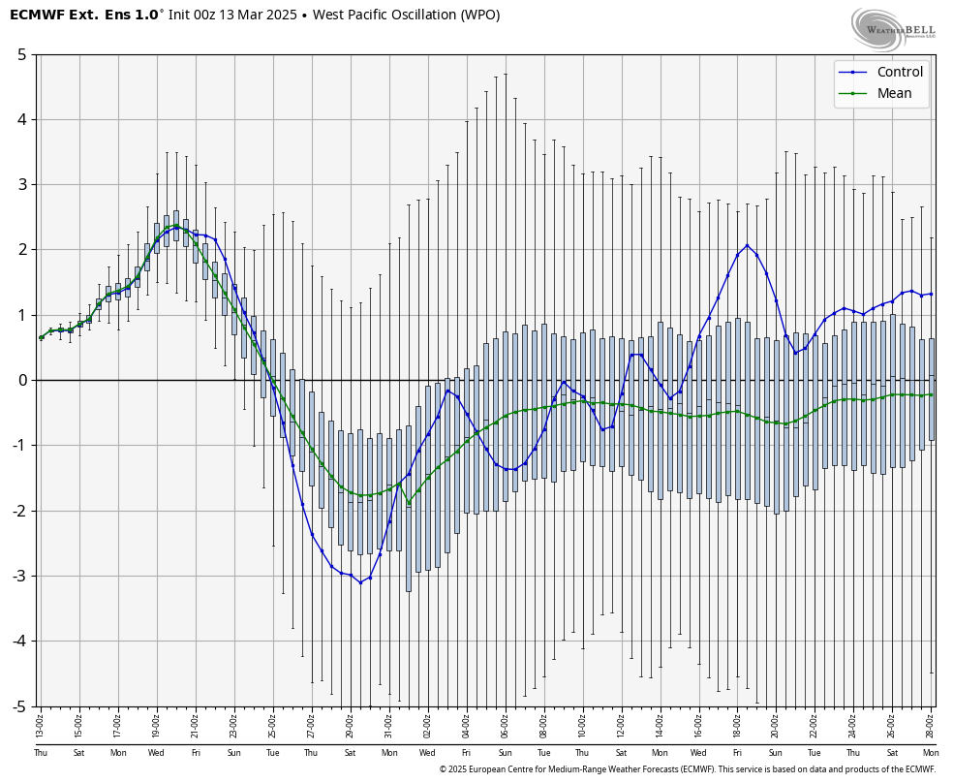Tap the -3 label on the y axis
click(18, 576)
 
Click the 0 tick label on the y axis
click(21, 380)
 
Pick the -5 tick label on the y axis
click(18, 706)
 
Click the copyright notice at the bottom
click(687, 769)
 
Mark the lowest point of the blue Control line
click(360, 582)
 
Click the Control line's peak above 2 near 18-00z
click(747, 245)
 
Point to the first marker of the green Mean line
click(41, 337)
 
